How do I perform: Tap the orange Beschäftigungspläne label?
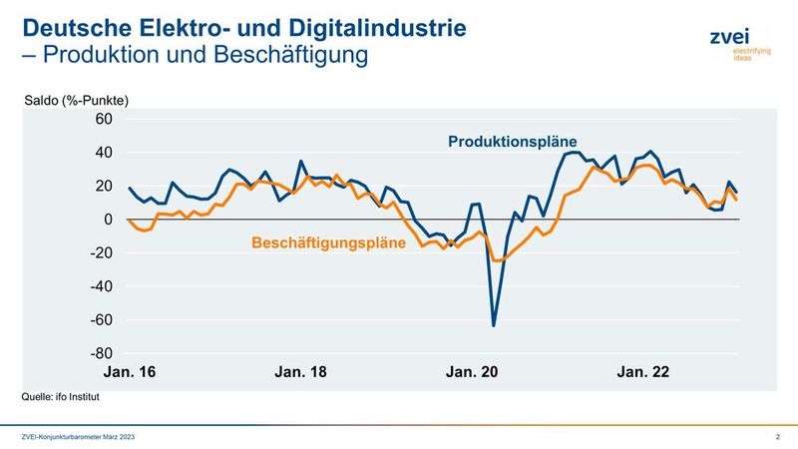click(328, 241)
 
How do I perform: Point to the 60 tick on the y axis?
click(105, 119)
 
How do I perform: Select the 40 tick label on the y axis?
click(105, 153)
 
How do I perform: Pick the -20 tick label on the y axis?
click(102, 253)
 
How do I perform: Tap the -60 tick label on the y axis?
click(102, 320)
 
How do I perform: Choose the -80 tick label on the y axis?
click(102, 354)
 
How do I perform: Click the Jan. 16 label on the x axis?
click(132, 372)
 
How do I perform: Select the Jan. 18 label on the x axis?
click(300, 372)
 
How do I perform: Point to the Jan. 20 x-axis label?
click(472, 372)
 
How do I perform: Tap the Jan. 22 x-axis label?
click(643, 372)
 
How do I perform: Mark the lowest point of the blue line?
click(494, 325)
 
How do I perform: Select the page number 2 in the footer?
click(777, 438)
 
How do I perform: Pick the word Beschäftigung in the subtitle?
click(300, 54)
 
